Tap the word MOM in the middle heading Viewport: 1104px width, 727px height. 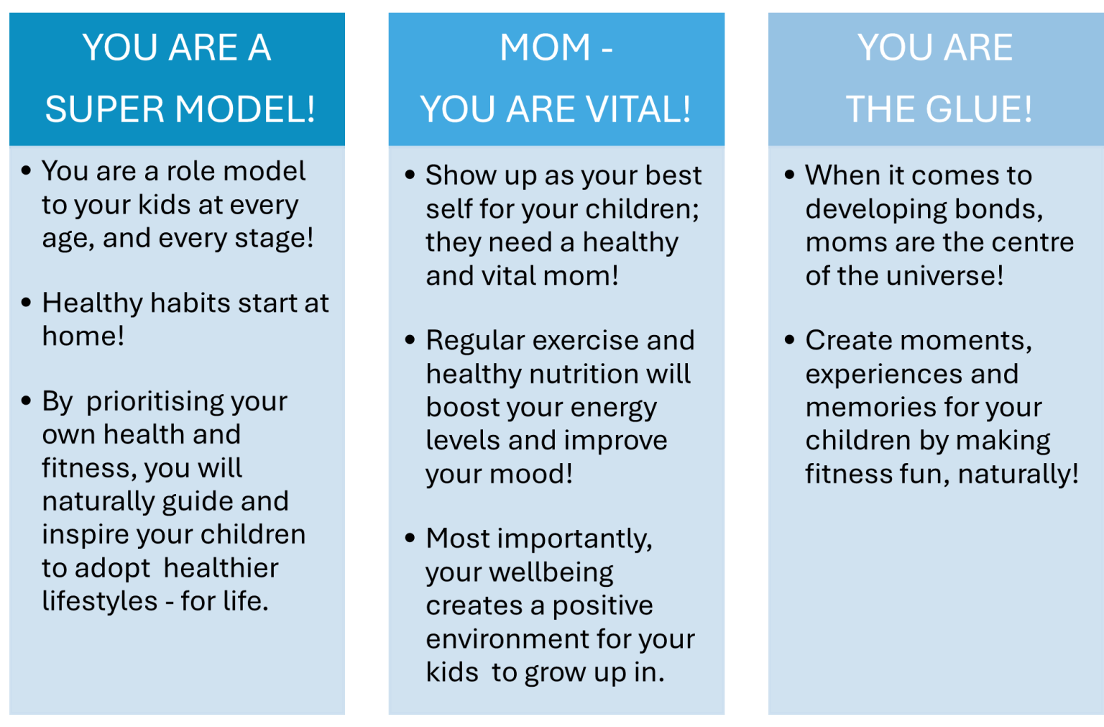tap(545, 48)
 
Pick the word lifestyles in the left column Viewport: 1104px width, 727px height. tap(99, 601)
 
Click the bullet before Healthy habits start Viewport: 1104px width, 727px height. tap(27, 303)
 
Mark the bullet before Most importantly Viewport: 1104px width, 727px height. tap(410, 538)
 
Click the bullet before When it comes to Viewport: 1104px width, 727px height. tap(790, 175)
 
